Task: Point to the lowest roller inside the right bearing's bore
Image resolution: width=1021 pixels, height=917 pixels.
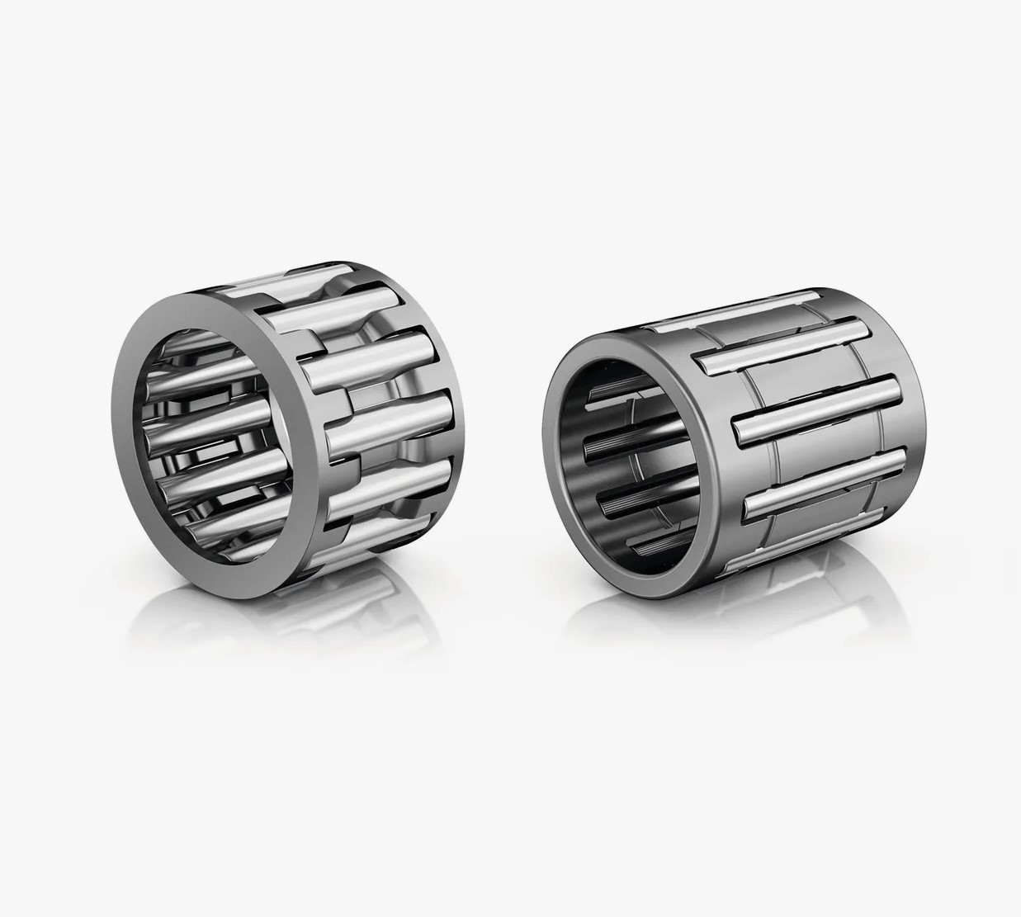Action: tap(652, 545)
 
